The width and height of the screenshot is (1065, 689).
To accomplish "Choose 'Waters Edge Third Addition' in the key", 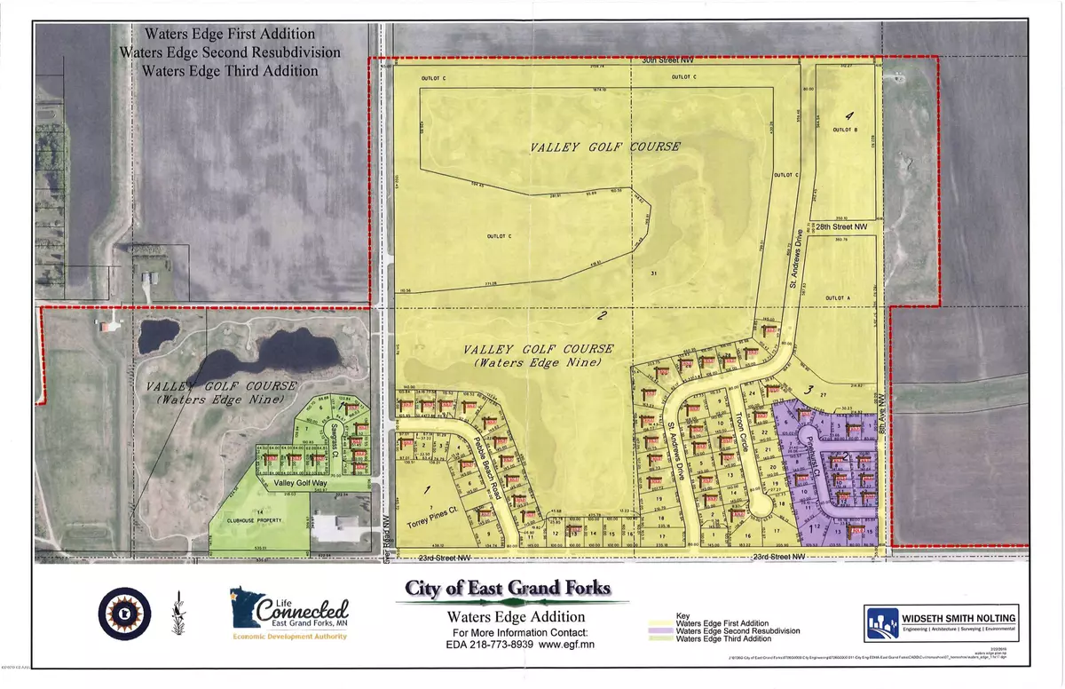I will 720,640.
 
